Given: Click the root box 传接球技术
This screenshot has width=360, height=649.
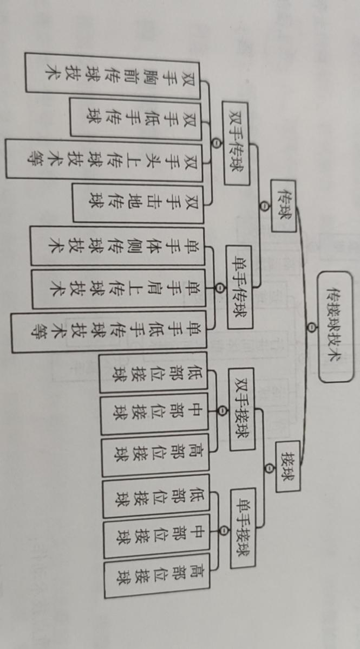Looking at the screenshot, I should tap(336, 326).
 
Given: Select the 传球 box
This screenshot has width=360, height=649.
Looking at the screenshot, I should tap(284, 207).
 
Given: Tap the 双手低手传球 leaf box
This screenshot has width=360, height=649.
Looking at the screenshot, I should tap(135, 117).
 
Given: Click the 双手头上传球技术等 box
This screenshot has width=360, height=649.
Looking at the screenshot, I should tap(103, 159).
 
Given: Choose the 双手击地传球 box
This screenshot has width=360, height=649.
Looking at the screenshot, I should tap(138, 203).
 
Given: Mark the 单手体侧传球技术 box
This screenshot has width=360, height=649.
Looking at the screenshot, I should tap(117, 247).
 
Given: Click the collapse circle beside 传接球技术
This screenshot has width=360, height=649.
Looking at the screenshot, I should tap(311, 326).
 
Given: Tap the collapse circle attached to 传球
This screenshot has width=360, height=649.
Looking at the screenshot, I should tap(264, 207).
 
